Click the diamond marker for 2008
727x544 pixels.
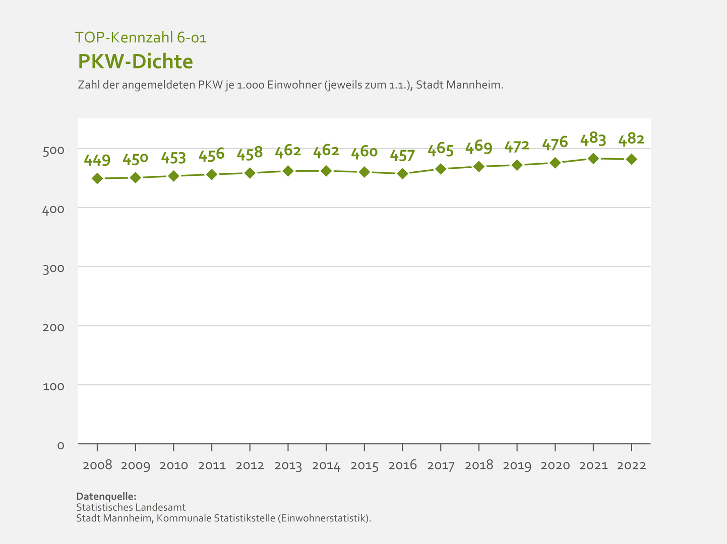[x=97, y=178]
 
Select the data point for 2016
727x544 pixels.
[x=402, y=174]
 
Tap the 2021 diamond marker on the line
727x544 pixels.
[x=593, y=159]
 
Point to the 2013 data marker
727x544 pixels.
[x=288, y=171]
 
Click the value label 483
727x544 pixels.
[x=593, y=140]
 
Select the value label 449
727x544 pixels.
[x=97, y=160]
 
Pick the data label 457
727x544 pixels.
[x=402, y=156]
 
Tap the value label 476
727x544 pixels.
[x=555, y=144]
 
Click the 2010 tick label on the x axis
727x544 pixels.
[x=173, y=465]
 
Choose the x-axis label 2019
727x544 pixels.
[x=517, y=465]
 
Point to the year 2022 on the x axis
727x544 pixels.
[x=631, y=465]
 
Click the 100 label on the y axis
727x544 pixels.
[x=54, y=386]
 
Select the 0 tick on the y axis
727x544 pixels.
[x=60, y=445]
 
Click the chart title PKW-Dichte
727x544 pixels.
[x=136, y=61]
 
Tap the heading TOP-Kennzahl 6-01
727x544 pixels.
[x=141, y=37]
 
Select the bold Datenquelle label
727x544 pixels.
[x=106, y=496]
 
